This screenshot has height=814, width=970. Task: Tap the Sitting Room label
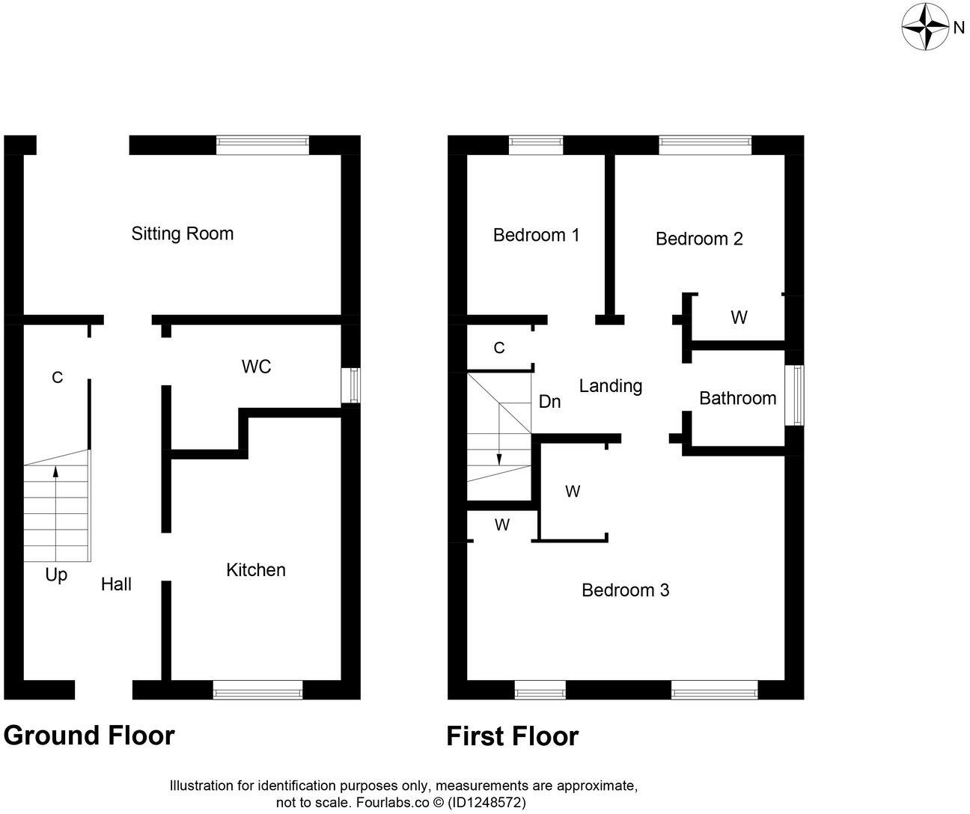tap(182, 233)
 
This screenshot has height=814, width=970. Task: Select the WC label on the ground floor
tap(256, 367)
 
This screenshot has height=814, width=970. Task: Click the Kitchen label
tap(256, 570)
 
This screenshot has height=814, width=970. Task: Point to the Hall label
tap(116, 584)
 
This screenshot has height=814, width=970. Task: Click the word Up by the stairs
tap(56, 575)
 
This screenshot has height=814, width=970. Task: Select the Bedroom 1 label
tap(536, 235)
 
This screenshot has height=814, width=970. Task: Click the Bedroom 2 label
tap(699, 239)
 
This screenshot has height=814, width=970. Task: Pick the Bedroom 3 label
tap(625, 590)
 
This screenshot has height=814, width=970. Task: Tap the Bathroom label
tap(737, 398)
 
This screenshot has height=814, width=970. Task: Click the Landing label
tap(610, 386)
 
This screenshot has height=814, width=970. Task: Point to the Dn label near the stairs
tap(549, 402)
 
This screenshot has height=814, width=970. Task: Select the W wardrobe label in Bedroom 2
tap(739, 318)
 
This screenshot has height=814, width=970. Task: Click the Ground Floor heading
tap(89, 735)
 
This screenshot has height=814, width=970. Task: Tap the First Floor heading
tap(513, 736)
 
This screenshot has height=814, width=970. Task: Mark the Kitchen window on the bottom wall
tap(257, 690)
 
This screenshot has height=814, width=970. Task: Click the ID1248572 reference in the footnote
tap(486, 803)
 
